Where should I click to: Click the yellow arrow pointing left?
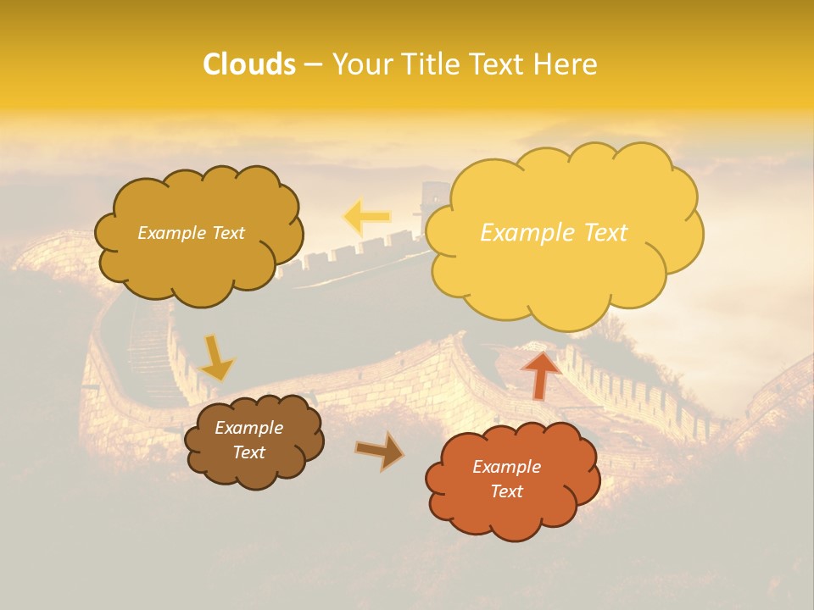pos(366,218)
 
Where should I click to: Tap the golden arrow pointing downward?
pos(216,358)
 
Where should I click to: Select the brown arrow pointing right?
pos(380,451)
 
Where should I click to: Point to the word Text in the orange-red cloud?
pos(506,491)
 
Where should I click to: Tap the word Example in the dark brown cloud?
pos(248,428)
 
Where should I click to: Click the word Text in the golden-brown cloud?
pos(227,233)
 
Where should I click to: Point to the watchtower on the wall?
pos(432,204)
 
